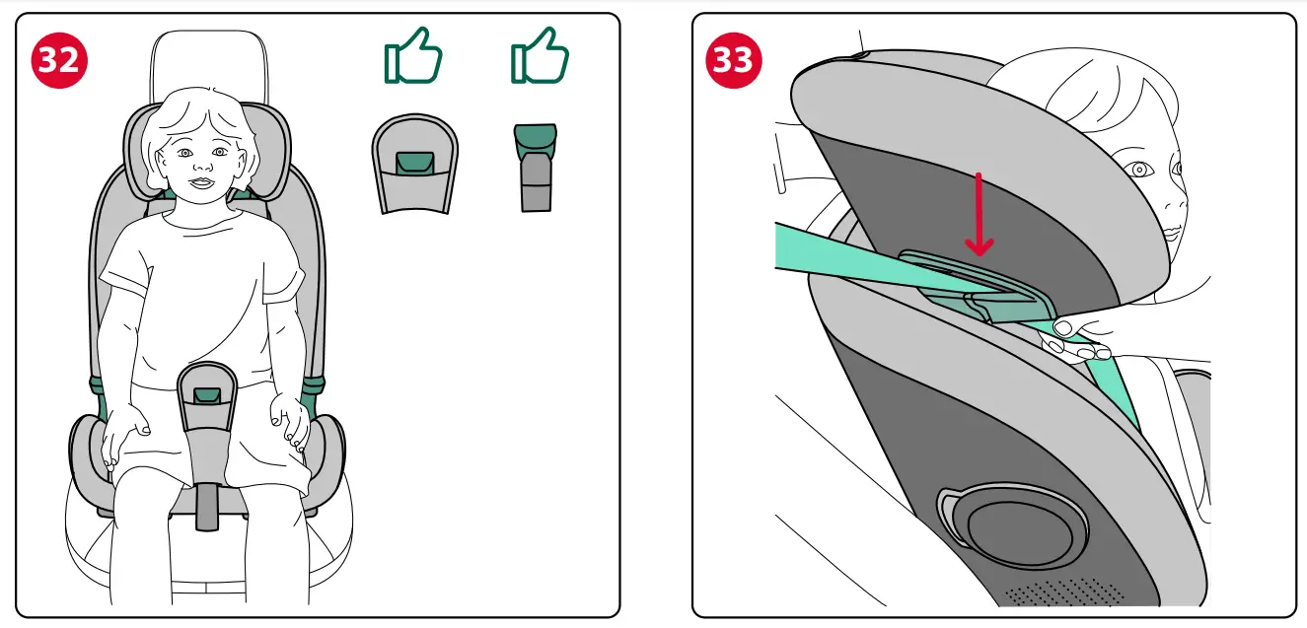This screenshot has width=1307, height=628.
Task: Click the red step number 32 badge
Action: click(60, 61)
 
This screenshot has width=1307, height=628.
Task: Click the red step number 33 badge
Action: click(733, 61)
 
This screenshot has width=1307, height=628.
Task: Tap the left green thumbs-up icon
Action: click(412, 56)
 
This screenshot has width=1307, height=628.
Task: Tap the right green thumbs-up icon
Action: click(540, 56)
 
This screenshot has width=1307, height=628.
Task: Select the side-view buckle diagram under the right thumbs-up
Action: click(537, 167)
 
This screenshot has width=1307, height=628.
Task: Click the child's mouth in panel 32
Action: click(202, 182)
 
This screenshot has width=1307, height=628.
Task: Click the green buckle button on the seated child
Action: click(207, 395)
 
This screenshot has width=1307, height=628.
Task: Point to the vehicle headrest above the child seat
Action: click(208, 64)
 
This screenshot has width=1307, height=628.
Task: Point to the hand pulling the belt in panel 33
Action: click(1080, 335)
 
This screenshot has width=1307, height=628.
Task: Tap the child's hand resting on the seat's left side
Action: click(123, 434)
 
